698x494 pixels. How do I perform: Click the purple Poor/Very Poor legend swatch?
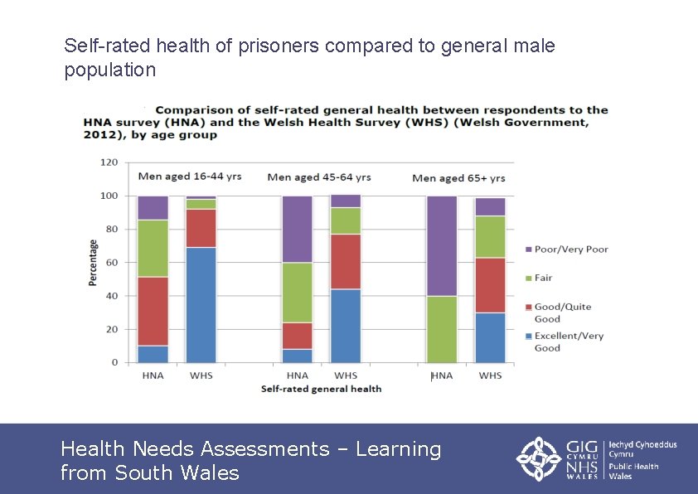coord(529,249)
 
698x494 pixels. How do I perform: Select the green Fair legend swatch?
coord(529,278)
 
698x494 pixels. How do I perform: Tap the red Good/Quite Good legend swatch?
coord(529,308)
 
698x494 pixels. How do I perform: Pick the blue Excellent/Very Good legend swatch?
coord(529,337)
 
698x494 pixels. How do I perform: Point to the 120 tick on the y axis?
coord(109,162)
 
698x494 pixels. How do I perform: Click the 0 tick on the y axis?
coord(115,363)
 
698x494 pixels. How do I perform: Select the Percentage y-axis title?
coord(93,263)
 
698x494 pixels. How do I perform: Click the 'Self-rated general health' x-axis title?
coord(321,389)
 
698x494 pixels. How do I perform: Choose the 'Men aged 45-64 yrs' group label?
coord(318,177)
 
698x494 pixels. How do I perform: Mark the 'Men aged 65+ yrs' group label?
coord(458,178)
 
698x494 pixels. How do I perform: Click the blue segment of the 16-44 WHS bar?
coord(201,304)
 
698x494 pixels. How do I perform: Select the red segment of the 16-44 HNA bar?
coord(153,311)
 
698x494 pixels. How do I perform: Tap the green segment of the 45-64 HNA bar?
coord(297,292)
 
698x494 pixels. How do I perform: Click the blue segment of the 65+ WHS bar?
coord(490,337)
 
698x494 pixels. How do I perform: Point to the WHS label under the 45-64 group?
coord(346,375)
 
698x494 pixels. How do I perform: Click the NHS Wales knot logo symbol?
coord(540,458)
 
